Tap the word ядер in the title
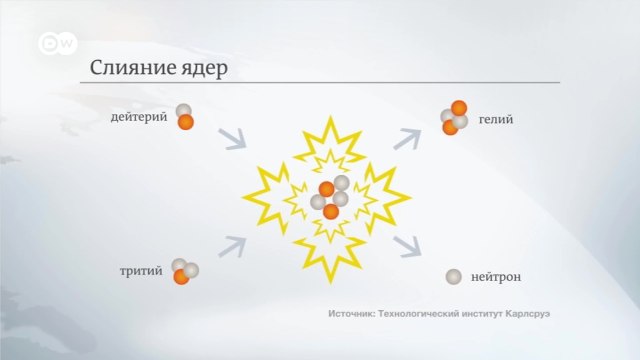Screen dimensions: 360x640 203,70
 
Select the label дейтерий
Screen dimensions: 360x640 139,118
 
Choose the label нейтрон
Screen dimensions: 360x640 497,276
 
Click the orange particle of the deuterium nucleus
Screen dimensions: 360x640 186,122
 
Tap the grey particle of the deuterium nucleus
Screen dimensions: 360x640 183,111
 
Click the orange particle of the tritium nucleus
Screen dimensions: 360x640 181,277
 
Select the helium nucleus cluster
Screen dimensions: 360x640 455,118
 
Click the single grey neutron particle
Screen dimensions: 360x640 454,276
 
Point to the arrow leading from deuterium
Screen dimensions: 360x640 233,139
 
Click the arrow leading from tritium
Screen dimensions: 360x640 233,245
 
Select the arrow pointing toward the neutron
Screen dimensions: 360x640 407,246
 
